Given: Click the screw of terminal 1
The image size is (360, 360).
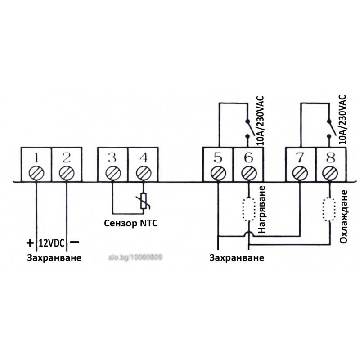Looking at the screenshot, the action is click(36, 173).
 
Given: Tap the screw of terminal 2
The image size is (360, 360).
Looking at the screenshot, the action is click(67, 173).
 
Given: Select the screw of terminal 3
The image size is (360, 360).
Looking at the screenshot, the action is click(113, 173).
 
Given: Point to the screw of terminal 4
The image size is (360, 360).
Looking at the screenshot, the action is click(144, 173).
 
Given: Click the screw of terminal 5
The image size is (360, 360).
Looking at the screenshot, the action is click(218, 173).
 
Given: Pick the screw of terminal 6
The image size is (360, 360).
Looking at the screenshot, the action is click(248, 173).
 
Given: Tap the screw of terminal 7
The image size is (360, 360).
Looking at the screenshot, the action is click(300, 173).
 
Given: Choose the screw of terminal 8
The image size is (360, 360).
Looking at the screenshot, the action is click(330, 173).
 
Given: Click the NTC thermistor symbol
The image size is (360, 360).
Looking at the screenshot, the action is click(144, 201).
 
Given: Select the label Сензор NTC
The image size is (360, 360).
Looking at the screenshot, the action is click(131, 223).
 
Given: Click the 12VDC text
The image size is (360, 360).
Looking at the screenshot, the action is click(52, 243).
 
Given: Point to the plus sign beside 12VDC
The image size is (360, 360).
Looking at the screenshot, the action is click(30, 243).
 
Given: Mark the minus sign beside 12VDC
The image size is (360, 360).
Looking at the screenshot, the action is click(74, 242).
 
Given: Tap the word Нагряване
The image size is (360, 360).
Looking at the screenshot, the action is click(261, 210).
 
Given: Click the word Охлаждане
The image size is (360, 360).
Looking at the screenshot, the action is click(343, 216).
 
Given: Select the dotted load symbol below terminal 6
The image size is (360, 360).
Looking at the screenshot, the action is click(248, 209).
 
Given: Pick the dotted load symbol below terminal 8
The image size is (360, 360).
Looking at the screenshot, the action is click(330, 209).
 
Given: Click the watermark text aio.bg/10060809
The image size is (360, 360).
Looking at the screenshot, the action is click(135, 257).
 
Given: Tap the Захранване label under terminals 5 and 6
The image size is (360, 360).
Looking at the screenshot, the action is click(237, 257).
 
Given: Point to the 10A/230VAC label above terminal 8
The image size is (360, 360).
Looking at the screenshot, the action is click(342, 119).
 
